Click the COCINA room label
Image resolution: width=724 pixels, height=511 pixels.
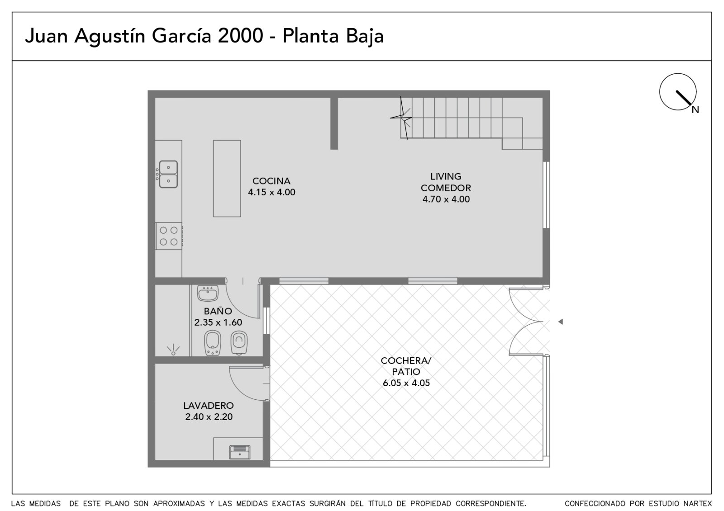point(271,181)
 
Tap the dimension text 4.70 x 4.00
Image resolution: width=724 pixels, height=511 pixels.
point(446,199)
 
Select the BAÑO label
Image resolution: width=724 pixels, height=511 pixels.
point(218,311)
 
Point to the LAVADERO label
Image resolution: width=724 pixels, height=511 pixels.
point(209,405)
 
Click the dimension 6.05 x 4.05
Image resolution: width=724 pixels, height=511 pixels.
point(406,383)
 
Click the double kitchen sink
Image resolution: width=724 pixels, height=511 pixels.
point(168,174)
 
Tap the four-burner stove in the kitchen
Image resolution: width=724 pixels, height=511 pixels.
point(169,236)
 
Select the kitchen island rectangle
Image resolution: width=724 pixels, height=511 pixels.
point(227,178)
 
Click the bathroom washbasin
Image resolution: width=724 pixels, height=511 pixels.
point(208,293)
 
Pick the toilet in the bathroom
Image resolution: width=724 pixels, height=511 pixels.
point(239,342)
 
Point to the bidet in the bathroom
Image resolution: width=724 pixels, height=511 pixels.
point(212,343)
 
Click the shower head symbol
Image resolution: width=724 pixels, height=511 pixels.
point(173,350)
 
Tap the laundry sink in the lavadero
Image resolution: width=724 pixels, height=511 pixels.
point(239,452)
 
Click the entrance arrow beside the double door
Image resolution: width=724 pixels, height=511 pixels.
point(561,322)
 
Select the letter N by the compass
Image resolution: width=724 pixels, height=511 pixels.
point(695,110)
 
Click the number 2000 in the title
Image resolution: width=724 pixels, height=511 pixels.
point(240,36)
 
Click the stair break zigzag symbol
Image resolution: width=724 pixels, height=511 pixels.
point(401,118)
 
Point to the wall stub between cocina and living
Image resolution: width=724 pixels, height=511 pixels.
point(334,123)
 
